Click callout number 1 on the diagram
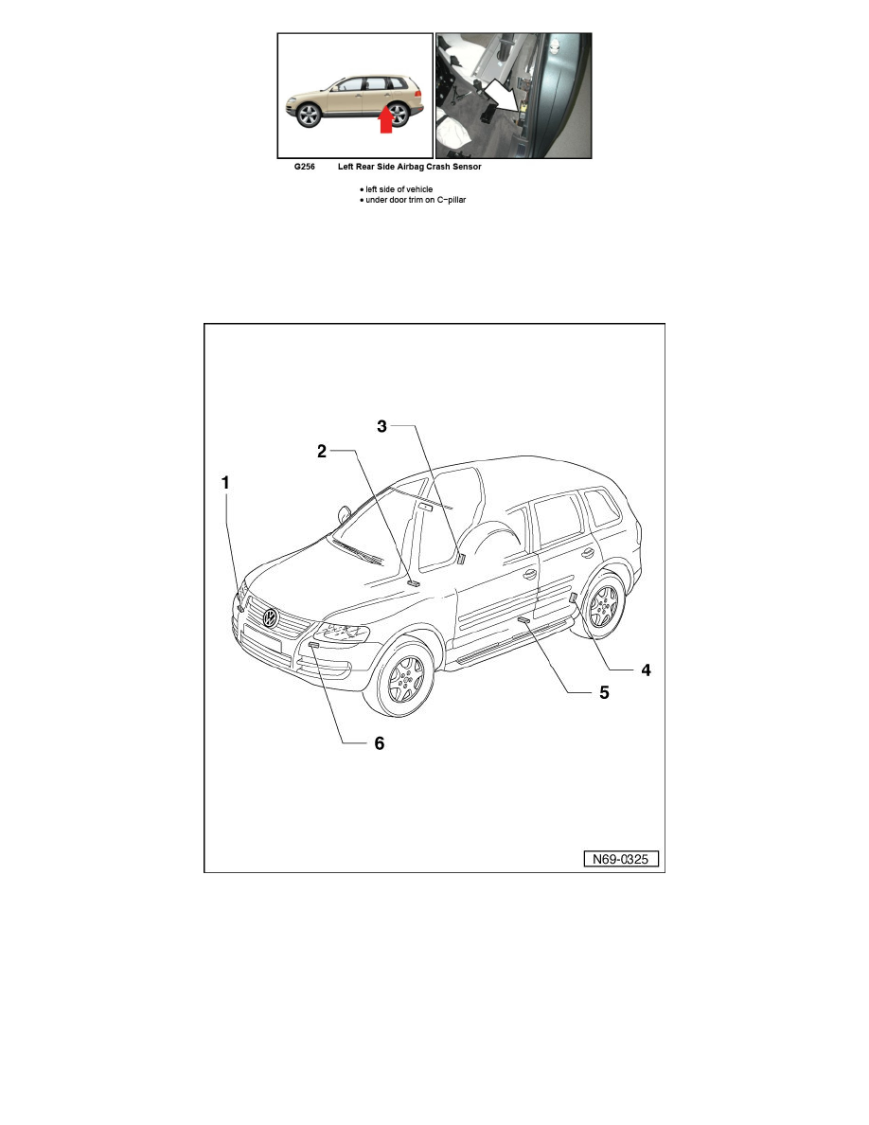point(225,482)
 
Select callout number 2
point(322,452)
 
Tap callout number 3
point(382,427)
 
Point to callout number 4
point(645,670)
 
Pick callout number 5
point(603,692)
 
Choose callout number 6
point(378,743)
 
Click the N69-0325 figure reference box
point(620,860)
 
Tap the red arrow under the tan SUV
point(385,121)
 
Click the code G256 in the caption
point(304,167)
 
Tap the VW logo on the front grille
point(271,619)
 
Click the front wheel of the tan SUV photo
point(308,116)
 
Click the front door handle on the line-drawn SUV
point(530,574)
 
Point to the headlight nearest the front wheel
point(342,632)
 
